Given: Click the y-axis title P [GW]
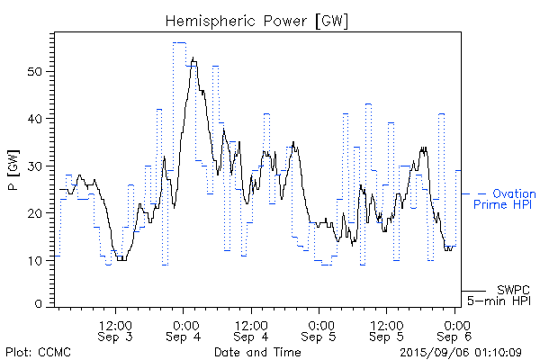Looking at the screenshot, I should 13,170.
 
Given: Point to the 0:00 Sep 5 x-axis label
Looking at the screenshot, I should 319,330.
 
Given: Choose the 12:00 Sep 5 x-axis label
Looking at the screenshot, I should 387,330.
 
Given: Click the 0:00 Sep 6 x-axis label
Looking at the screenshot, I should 455,330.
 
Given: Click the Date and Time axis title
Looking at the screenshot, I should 257,352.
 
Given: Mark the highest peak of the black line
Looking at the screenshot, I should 193,58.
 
